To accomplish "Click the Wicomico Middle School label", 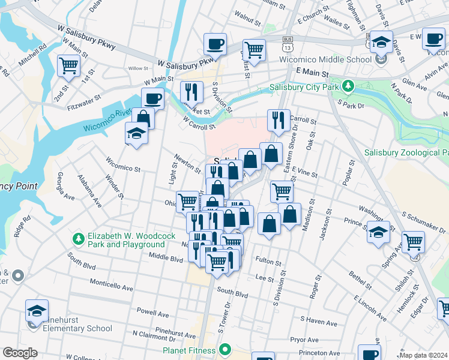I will point(325,60).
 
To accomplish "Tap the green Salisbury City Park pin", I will point(348,86).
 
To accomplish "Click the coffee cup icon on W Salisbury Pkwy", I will point(215,43).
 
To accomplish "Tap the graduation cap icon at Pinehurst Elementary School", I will point(36,311).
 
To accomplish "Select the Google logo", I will point(20,353).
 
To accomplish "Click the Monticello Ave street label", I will point(111,283).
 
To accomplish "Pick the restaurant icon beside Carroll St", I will point(279,119).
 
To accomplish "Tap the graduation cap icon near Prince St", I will point(378,232).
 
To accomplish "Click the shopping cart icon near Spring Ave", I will point(413,242).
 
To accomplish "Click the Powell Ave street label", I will point(154,312).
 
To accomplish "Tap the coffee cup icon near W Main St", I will point(152,98).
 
